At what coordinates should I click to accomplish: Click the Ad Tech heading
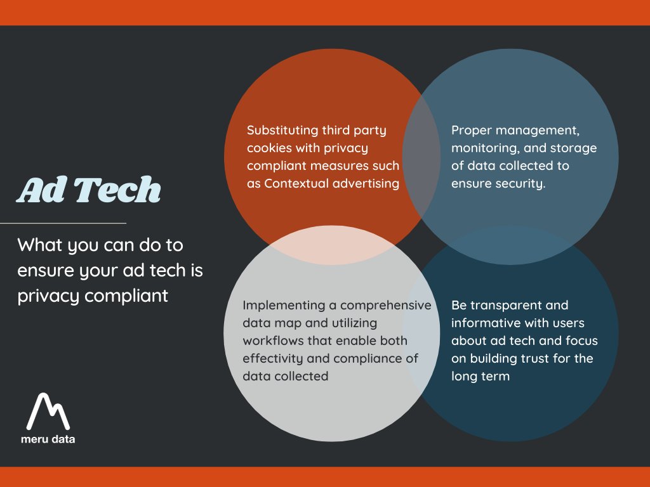click(90, 189)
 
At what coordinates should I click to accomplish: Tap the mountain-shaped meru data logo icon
click(48, 412)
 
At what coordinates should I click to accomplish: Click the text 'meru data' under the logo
click(48, 439)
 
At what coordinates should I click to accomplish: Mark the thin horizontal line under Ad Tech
click(63, 223)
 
